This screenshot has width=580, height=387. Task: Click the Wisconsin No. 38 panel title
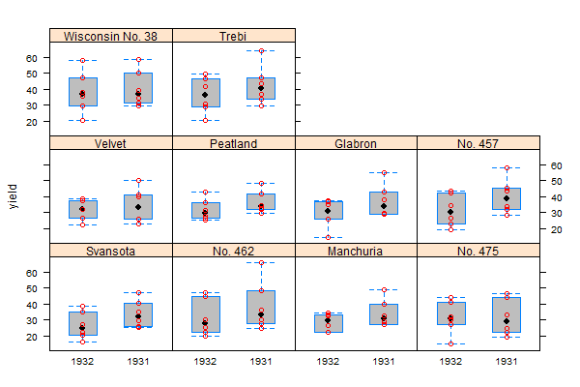coord(111,36)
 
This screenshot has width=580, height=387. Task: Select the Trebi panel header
coord(233,36)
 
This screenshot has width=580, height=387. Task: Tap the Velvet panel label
coord(111,143)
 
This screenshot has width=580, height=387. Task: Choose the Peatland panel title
coord(233,143)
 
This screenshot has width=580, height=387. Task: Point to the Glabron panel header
coord(356,143)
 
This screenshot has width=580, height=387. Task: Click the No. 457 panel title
coord(478,143)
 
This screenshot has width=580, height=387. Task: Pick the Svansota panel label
coord(111,251)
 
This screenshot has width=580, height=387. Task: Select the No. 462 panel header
coord(233,251)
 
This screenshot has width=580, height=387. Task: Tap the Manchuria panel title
coord(356,251)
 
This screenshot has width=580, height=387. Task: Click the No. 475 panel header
coord(478,251)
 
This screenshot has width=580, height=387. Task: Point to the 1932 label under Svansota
coord(82,362)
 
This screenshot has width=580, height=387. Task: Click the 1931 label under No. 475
coord(507,362)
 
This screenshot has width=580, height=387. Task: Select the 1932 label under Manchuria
coord(328,362)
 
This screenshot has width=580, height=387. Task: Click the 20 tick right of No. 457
coord(557,229)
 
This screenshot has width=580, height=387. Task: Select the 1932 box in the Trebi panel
coord(205,93)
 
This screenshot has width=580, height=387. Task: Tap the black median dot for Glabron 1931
coord(384,206)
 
